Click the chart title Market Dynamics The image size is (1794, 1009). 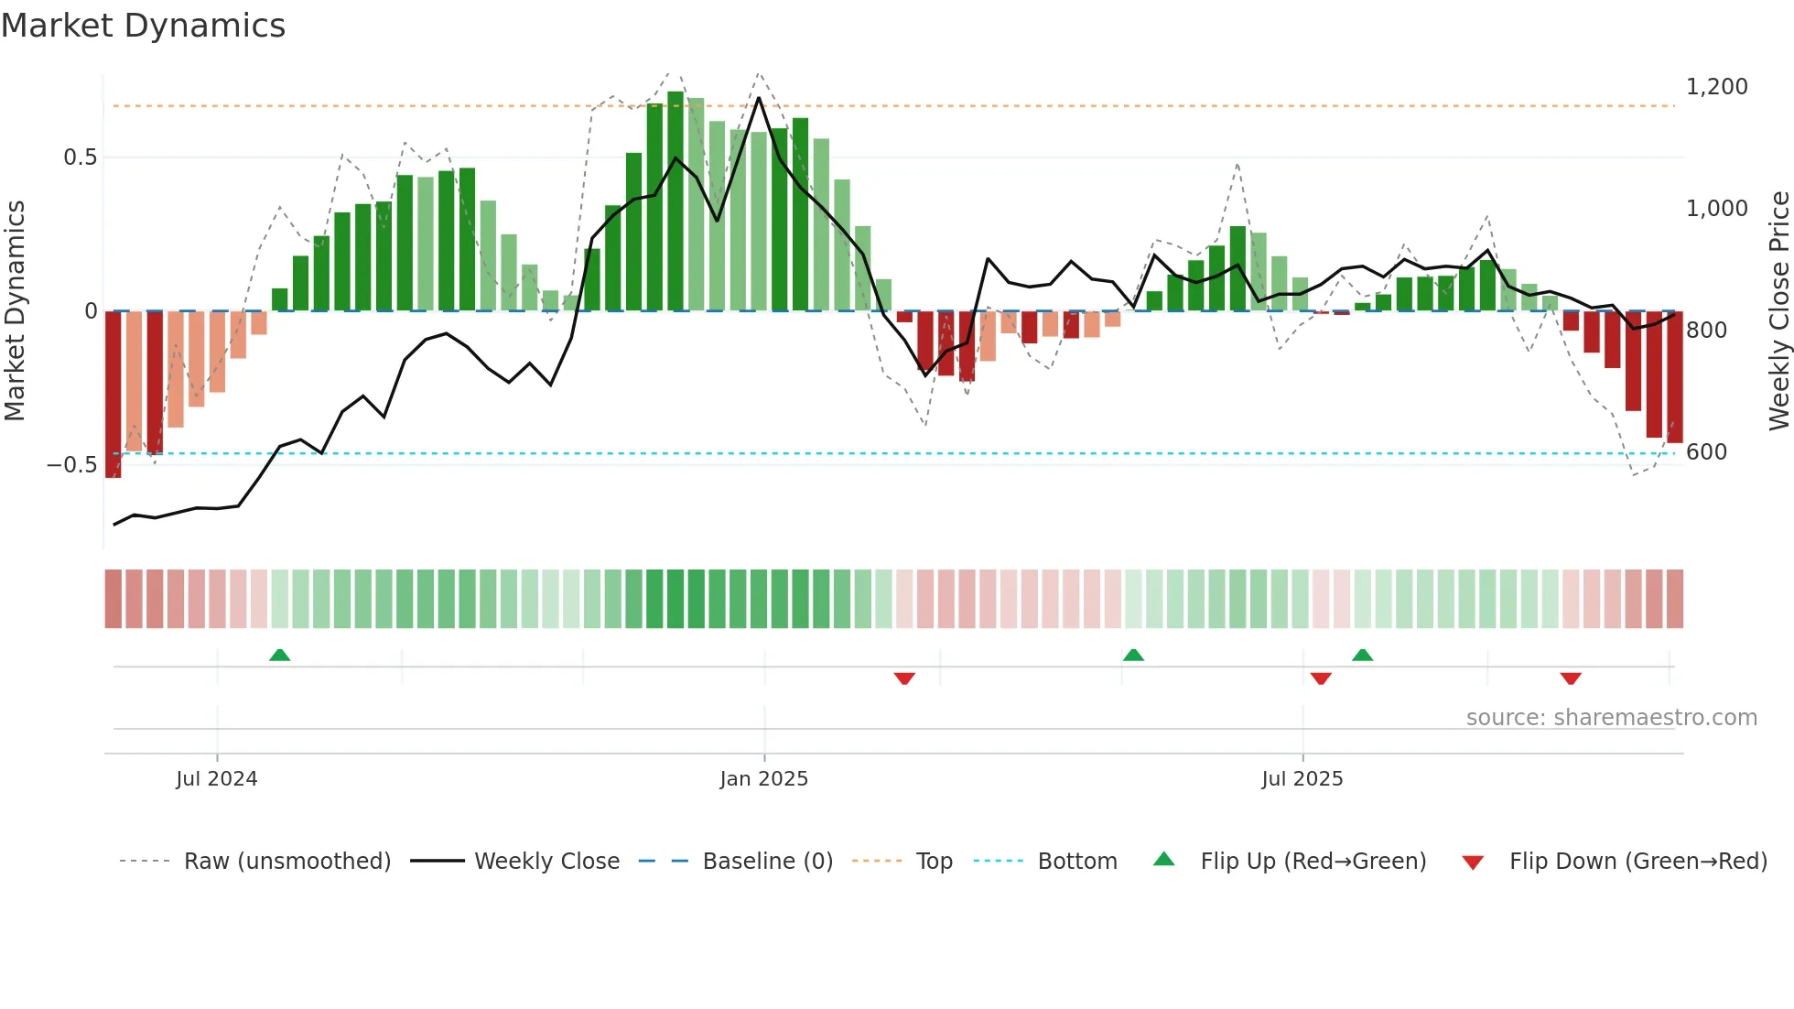[144, 26]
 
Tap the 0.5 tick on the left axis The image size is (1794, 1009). [81, 157]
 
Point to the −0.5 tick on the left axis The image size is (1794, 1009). [72, 465]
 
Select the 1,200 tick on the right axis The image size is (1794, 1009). [1716, 87]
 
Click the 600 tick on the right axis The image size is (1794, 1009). [1706, 452]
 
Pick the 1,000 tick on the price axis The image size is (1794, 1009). [1716, 209]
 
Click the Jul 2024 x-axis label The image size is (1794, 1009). [217, 779]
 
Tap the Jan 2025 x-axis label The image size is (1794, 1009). [764, 779]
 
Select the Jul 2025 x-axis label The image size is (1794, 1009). [1302, 779]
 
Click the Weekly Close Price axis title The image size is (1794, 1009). [1778, 311]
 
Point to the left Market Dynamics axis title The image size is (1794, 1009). [16, 311]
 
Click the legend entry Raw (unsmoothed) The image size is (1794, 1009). [286, 862]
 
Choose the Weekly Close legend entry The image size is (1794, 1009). [546, 862]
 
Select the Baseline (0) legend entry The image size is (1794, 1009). [767, 862]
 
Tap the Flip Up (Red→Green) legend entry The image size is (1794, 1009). [1313, 862]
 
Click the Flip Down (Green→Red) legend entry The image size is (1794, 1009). [1637, 862]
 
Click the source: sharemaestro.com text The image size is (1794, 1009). [1611, 718]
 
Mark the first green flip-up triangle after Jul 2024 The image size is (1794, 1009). [279, 655]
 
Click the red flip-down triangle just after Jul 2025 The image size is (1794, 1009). [1321, 678]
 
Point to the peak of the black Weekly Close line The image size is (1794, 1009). [759, 97]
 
